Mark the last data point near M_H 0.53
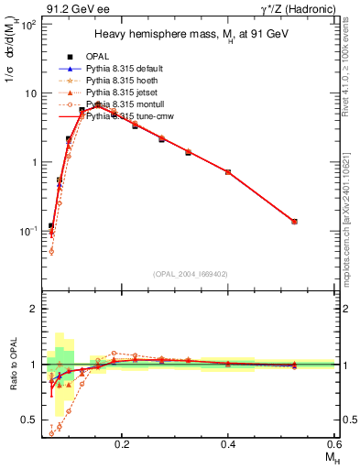coord(294,221)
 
